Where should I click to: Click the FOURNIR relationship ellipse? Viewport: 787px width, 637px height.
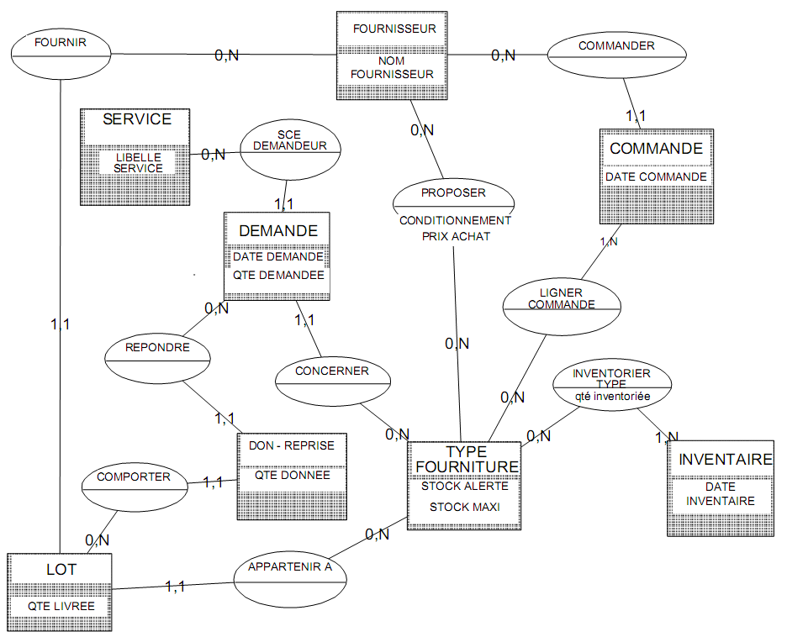click(61, 54)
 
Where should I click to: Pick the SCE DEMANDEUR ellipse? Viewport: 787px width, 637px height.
click(289, 151)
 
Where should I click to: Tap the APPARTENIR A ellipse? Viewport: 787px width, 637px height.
click(290, 579)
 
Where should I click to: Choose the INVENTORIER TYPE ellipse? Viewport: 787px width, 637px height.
click(611, 384)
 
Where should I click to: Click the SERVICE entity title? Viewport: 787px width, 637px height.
click(137, 119)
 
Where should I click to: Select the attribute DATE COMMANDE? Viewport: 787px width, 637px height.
click(656, 177)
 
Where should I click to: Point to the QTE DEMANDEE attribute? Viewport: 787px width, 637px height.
click(277, 275)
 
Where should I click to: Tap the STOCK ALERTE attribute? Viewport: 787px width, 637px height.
click(464, 486)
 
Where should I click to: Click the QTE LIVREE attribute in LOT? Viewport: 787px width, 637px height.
click(61, 606)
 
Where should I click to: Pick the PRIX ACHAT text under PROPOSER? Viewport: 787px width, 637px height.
click(456, 237)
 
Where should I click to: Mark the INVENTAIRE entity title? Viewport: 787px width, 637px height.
click(725, 460)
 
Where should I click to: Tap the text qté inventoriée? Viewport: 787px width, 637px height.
click(611, 395)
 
